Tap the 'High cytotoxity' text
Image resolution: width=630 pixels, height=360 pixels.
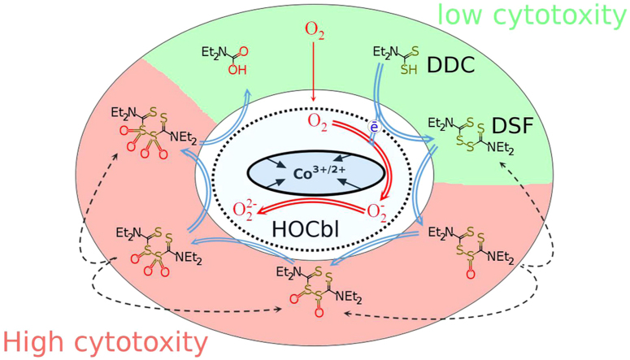click(103, 342)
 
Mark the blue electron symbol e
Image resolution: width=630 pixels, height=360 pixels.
click(373, 128)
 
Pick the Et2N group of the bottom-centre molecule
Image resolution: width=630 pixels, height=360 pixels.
click(293, 271)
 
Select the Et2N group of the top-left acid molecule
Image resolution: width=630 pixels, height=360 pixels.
click(214, 54)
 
